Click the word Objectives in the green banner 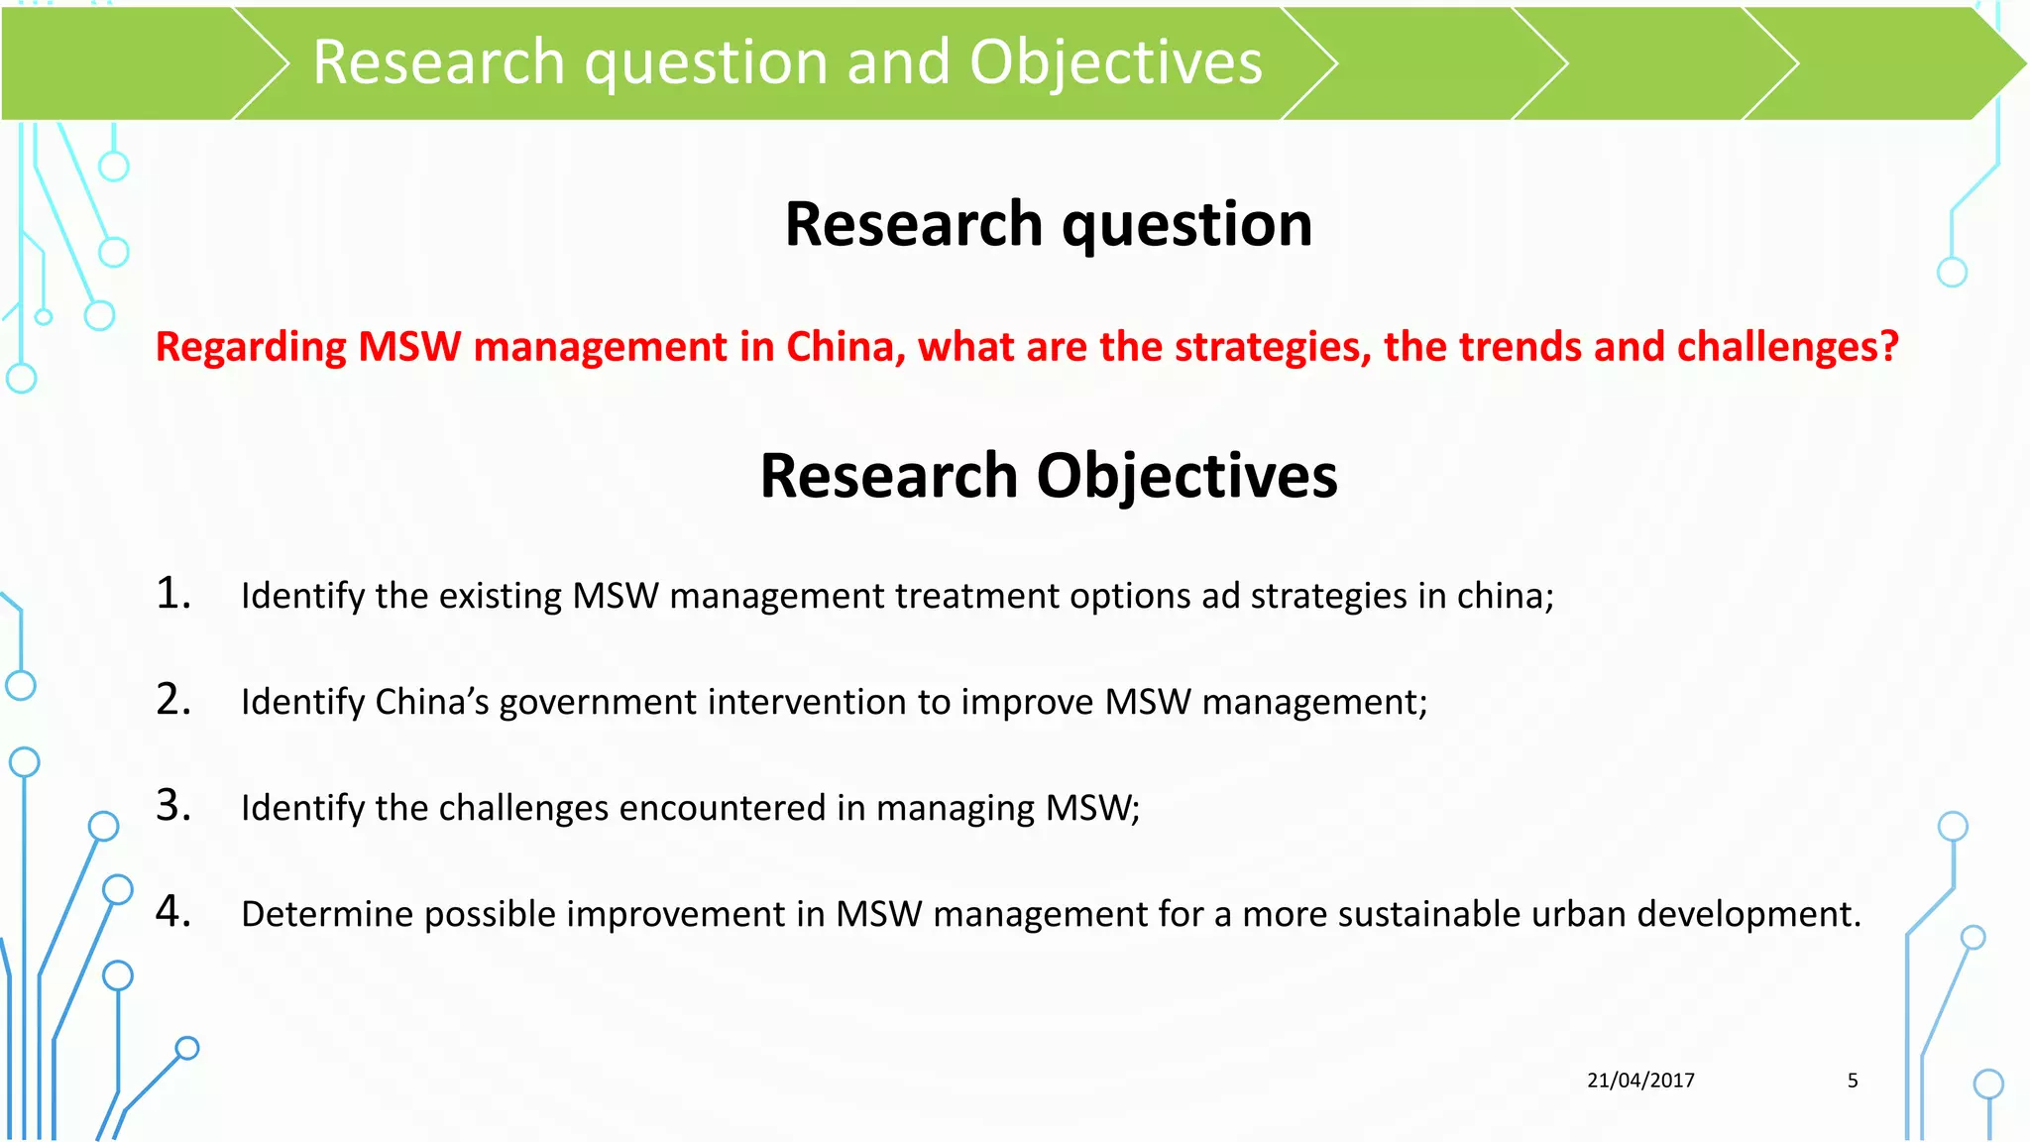(1115, 62)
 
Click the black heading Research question (1048, 224)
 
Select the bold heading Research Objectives (1048, 476)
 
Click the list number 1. (173, 593)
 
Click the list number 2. (173, 700)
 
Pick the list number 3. (173, 805)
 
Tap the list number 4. (173, 911)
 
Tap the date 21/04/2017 (1640, 1081)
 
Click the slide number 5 (1853, 1081)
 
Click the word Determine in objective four (326, 914)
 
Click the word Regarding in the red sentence (251, 347)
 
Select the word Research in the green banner (438, 62)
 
